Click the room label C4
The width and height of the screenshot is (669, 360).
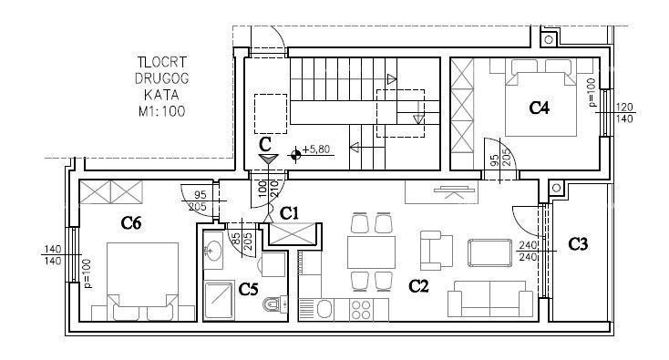tap(540, 108)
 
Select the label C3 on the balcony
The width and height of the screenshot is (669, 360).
tap(578, 244)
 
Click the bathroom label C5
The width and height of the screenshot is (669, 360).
tap(248, 289)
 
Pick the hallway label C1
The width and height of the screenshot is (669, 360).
tap(290, 213)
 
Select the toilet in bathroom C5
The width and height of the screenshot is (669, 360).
tap(273, 304)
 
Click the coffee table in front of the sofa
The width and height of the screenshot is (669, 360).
tap(489, 252)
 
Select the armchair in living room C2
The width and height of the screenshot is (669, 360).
tap(436, 249)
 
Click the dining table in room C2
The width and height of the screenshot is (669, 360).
tap(371, 251)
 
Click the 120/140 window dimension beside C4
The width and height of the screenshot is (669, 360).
tap(624, 112)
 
